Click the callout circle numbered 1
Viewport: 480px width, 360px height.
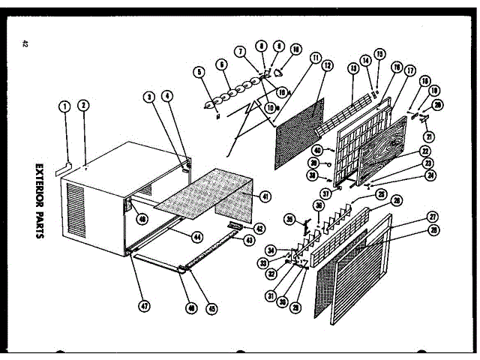(65, 106)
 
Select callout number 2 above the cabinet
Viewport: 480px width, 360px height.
(84, 106)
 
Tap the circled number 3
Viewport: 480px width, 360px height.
(150, 97)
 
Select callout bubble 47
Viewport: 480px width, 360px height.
(142, 305)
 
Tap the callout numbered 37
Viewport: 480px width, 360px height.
(326, 194)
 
